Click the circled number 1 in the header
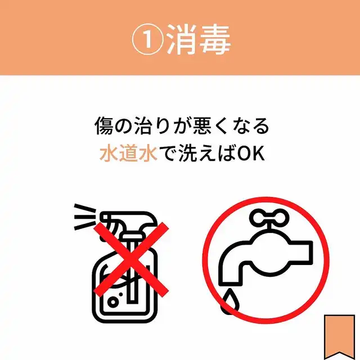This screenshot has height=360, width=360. (x=148, y=39)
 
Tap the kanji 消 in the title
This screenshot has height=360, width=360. (x=181, y=39)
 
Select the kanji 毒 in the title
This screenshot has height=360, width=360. (x=215, y=39)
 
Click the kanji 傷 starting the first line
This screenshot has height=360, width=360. (x=104, y=125)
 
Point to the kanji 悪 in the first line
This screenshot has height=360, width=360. (x=202, y=125)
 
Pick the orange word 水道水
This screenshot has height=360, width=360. (x=128, y=153)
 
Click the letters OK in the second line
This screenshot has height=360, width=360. (x=251, y=154)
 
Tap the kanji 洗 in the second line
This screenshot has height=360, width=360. (x=187, y=153)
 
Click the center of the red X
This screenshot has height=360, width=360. (x=131, y=259)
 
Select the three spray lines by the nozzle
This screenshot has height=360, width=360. (x=85, y=217)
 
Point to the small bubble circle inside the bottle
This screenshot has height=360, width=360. (x=113, y=301)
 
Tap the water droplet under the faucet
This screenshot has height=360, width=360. (x=230, y=301)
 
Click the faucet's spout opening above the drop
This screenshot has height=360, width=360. (x=230, y=283)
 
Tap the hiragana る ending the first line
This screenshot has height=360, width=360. (x=261, y=126)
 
